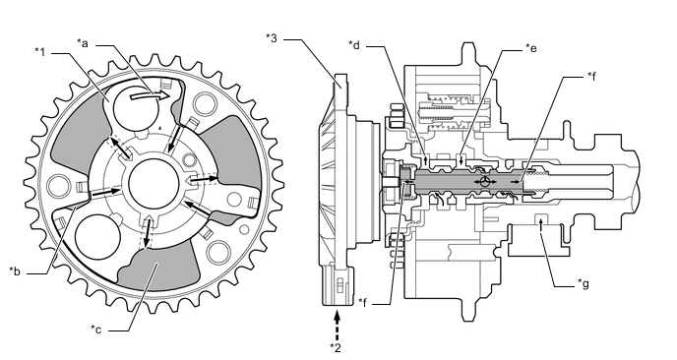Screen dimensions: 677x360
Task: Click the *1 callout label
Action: (39, 52)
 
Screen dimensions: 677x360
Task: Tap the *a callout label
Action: (83, 42)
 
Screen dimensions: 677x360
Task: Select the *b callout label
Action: (14, 271)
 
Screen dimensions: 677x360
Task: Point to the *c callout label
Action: (95, 330)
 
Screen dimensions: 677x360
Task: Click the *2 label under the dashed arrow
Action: (336, 347)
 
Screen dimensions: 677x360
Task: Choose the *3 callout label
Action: (272, 37)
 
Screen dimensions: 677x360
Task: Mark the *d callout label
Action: (354, 44)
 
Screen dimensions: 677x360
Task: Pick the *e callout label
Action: (531, 48)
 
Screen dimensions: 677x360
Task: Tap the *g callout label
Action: (584, 283)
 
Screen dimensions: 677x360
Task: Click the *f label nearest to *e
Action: (591, 76)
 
